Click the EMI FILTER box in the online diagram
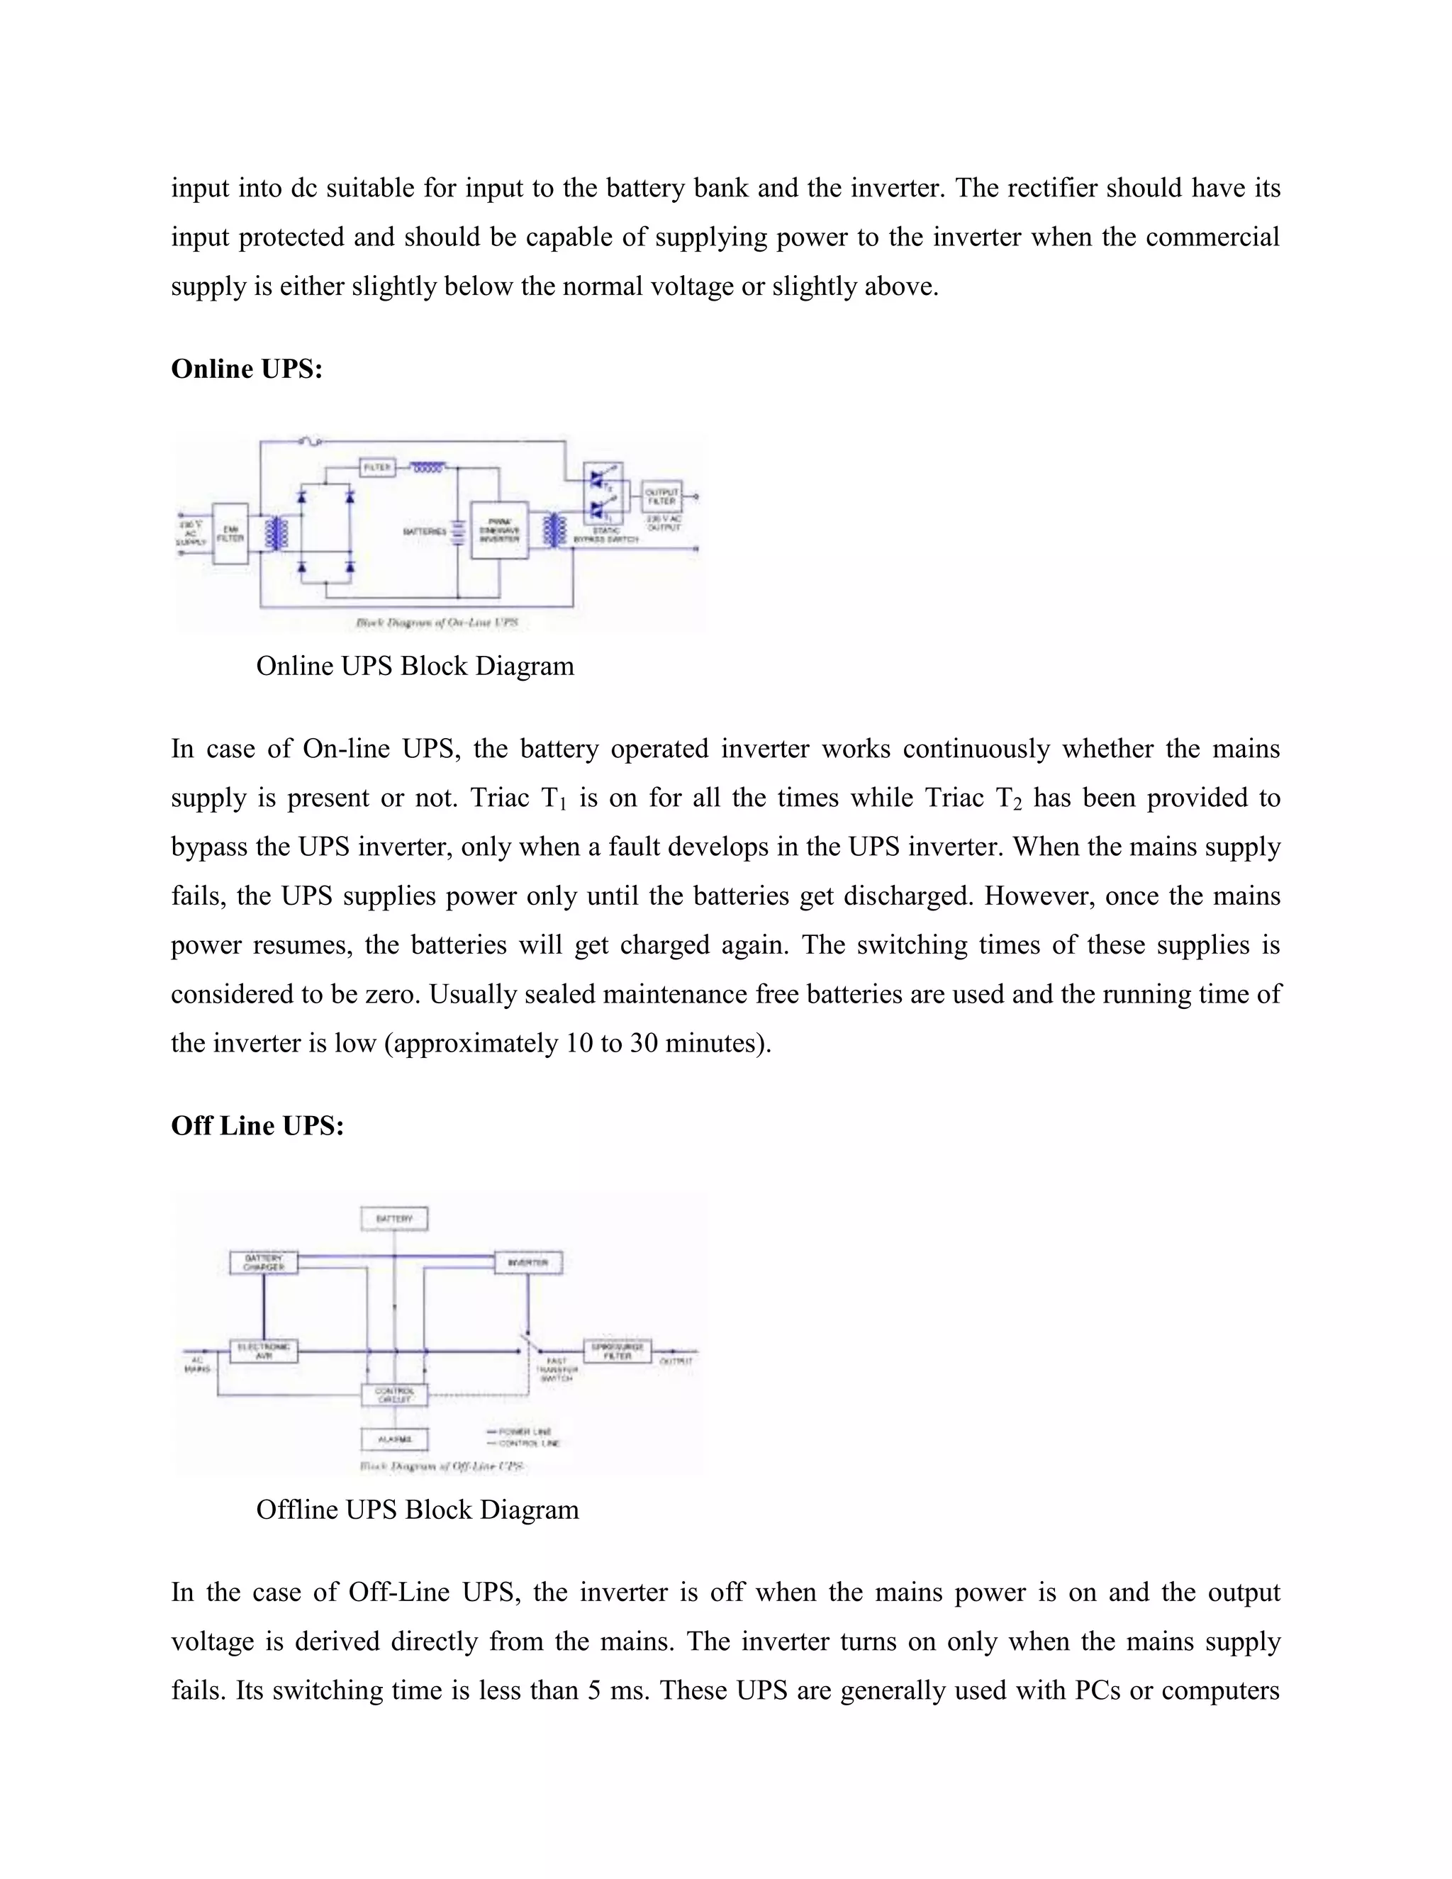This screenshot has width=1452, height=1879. [x=230, y=533]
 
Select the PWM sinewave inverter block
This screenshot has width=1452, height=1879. [x=499, y=530]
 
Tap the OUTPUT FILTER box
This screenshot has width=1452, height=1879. [x=661, y=496]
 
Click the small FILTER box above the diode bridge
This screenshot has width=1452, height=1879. [x=376, y=467]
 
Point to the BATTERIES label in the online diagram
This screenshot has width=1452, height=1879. [x=425, y=532]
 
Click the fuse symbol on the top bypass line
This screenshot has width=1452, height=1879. [x=311, y=442]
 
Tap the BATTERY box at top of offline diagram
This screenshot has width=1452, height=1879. [x=394, y=1219]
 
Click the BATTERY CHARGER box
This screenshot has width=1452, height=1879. [x=264, y=1262]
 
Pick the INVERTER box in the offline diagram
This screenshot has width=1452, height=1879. [x=527, y=1262]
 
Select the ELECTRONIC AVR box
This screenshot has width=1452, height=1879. [x=264, y=1351]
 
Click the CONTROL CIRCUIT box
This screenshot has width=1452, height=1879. [x=394, y=1395]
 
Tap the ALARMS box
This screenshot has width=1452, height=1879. [x=394, y=1439]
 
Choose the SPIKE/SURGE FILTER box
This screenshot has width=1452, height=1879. [x=618, y=1351]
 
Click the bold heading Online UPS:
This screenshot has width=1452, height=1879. [x=247, y=369]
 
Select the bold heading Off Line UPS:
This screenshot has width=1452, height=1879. [x=257, y=1125]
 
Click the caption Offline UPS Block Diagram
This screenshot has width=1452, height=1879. [x=417, y=1510]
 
